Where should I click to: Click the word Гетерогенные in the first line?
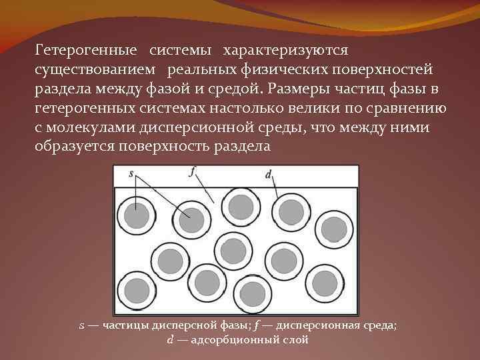click(x=87, y=50)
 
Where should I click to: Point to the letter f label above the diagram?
click(x=193, y=172)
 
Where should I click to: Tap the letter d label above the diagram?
click(x=268, y=174)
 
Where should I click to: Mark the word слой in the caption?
click(x=296, y=340)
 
